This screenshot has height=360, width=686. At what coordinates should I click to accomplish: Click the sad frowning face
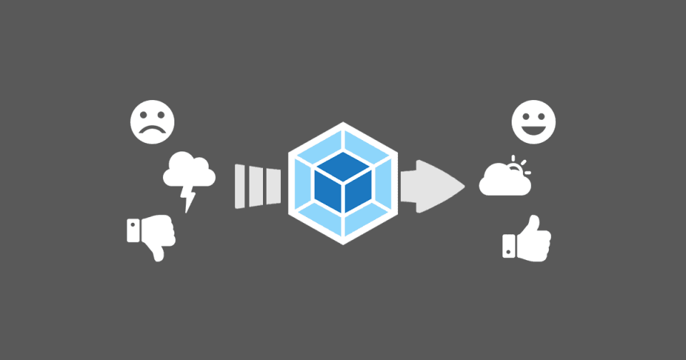(x=152, y=119)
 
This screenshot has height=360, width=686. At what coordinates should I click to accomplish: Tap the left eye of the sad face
(x=144, y=114)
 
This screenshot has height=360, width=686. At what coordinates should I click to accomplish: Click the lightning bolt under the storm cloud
(x=190, y=196)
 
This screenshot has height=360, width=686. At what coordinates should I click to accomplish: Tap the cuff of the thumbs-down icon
(x=133, y=231)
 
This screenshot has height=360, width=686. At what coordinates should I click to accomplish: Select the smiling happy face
(x=533, y=119)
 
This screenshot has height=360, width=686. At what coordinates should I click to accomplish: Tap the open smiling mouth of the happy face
(x=533, y=129)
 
